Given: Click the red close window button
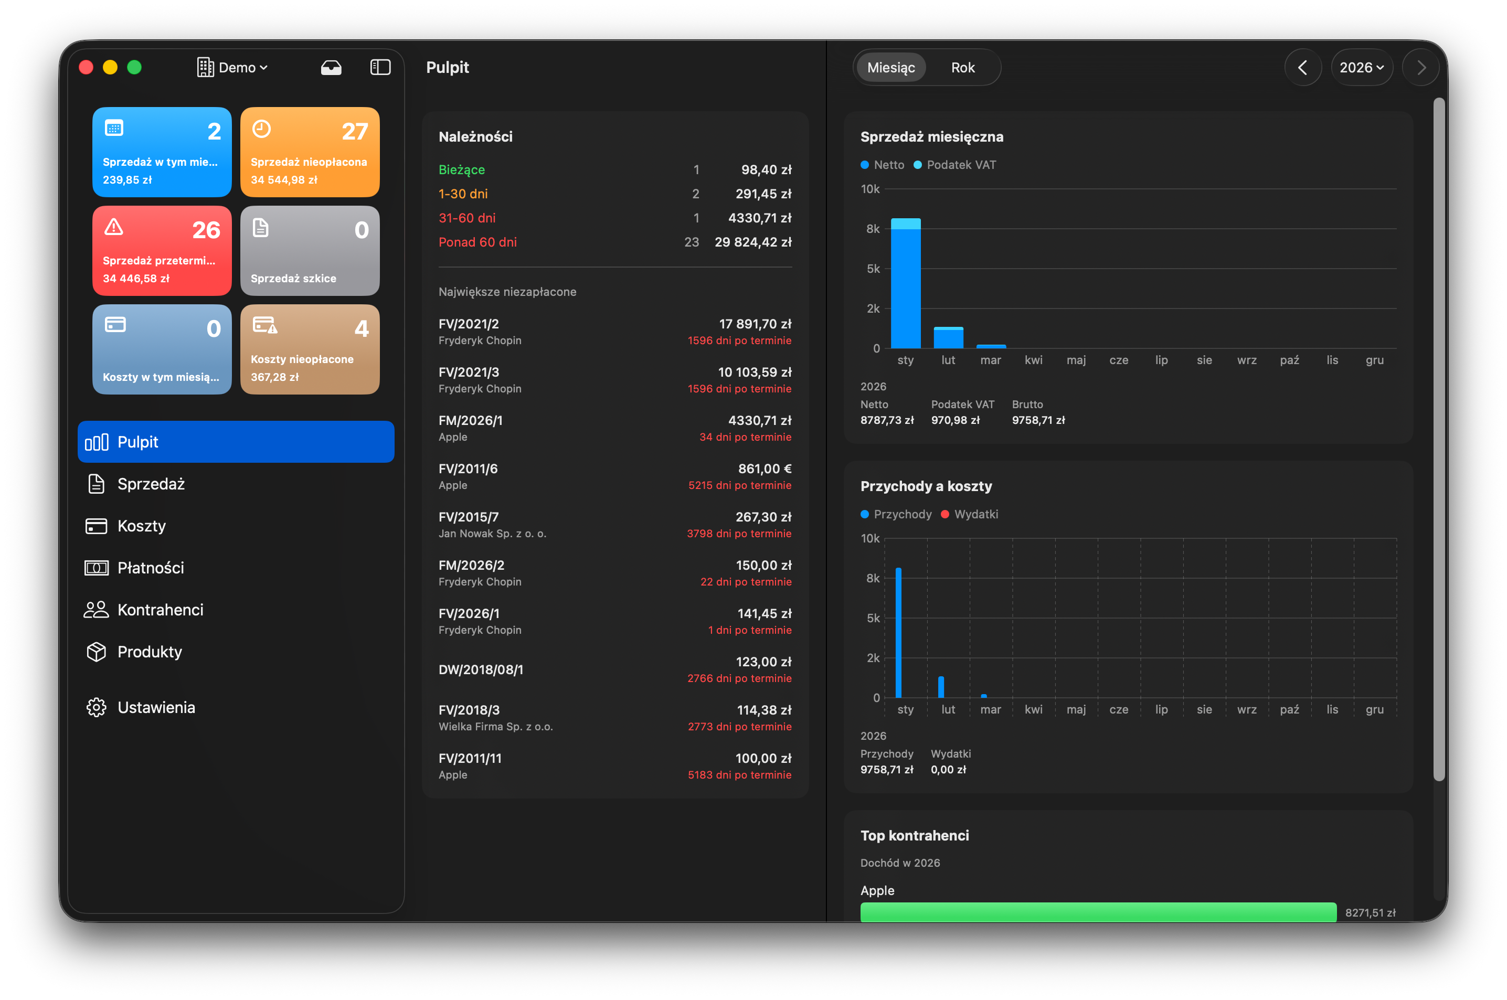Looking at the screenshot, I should (86, 68).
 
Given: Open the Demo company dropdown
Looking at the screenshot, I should (233, 68).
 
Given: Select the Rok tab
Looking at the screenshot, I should (962, 68).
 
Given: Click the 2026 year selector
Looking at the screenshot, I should (1361, 68).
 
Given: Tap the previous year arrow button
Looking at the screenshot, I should (1302, 68).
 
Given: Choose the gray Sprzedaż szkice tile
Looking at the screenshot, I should (310, 251).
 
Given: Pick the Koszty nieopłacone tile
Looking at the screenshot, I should (310, 349).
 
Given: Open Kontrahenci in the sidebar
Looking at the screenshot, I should (160, 610).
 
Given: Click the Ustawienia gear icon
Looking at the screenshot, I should (97, 707).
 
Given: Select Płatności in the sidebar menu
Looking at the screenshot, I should (151, 568).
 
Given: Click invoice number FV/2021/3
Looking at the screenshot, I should (469, 373).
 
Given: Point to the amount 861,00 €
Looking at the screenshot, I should (765, 469).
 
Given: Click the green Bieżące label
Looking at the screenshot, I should (462, 169).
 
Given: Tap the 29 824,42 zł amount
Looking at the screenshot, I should (752, 242).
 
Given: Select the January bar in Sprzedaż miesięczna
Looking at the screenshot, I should (906, 284).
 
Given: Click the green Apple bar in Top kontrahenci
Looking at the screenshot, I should (1098, 912).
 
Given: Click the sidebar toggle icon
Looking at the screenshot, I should (380, 68).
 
